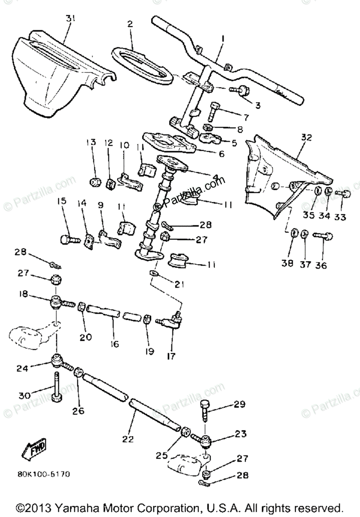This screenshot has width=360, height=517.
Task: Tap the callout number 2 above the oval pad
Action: [130, 25]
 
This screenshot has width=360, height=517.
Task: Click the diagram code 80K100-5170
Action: [43, 474]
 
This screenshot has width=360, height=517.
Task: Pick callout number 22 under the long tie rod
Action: [128, 439]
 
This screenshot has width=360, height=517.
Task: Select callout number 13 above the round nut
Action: [91, 143]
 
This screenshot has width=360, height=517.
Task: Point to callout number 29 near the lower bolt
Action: [239, 404]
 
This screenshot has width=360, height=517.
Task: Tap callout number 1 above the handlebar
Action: [223, 38]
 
